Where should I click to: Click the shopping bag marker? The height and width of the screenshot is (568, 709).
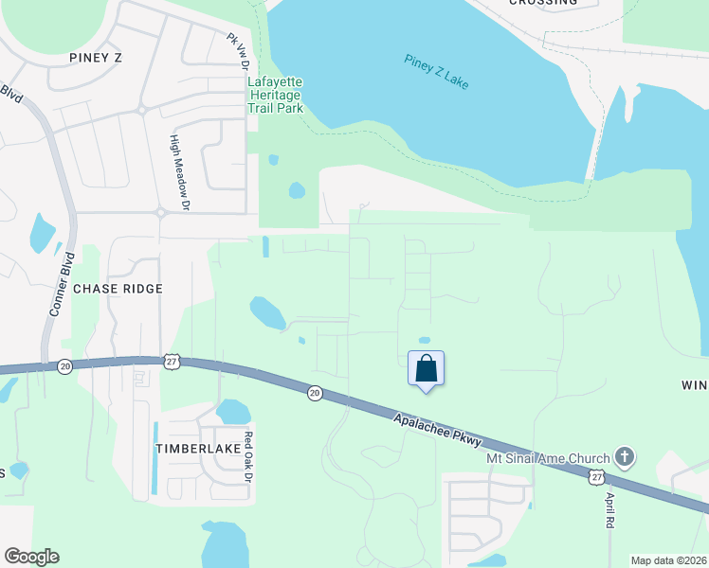(427, 367)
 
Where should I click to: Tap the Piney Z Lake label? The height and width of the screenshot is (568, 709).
(437, 73)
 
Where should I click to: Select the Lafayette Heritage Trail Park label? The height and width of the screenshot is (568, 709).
(275, 95)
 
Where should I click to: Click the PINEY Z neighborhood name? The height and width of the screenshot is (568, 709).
(97, 58)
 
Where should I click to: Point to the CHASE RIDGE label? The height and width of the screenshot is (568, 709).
(118, 288)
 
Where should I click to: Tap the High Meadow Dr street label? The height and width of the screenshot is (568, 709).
(179, 171)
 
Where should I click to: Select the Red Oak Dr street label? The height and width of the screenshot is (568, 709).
(249, 457)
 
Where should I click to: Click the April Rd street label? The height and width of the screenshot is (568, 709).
(609, 509)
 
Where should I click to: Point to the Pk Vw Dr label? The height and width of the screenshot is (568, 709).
(237, 53)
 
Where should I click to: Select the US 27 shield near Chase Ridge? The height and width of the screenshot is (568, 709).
(172, 361)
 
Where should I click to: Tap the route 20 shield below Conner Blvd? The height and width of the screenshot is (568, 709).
(64, 366)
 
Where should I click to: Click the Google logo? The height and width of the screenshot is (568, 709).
(31, 557)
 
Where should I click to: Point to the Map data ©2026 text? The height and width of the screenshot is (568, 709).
(669, 560)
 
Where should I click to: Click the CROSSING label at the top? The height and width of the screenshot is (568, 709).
(543, 3)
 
